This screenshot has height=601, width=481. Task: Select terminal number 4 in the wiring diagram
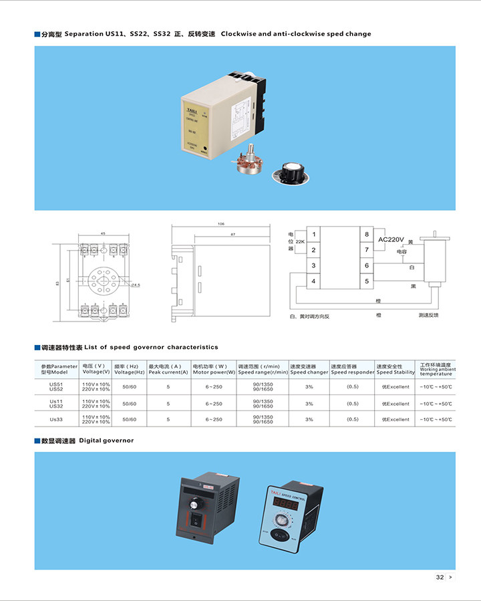click(x=313, y=281)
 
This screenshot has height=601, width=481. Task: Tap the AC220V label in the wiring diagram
click(x=392, y=239)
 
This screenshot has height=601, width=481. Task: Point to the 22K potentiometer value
click(x=300, y=241)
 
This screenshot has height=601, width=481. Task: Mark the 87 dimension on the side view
click(x=232, y=235)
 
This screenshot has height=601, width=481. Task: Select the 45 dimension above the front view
click(x=102, y=233)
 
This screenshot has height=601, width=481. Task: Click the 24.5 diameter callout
click(x=135, y=285)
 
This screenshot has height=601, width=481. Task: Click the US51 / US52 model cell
click(x=56, y=386)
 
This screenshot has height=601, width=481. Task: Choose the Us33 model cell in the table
click(x=56, y=419)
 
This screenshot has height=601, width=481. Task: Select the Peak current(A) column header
click(x=168, y=369)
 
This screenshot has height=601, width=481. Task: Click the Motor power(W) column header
click(x=214, y=369)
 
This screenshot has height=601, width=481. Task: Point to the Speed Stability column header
click(x=395, y=369)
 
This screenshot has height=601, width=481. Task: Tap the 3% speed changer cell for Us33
click(x=309, y=419)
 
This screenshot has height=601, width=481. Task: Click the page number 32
click(x=440, y=577)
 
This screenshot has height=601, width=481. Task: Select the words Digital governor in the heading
click(x=106, y=441)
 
